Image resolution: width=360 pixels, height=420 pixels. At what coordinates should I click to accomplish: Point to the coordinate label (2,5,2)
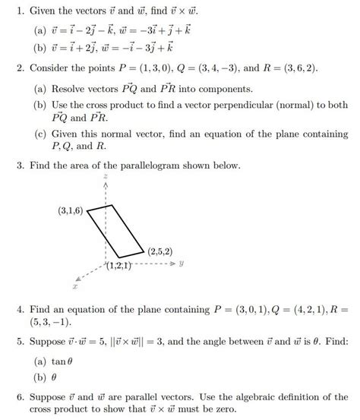161,251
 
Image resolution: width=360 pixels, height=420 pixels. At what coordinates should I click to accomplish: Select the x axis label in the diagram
75,288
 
